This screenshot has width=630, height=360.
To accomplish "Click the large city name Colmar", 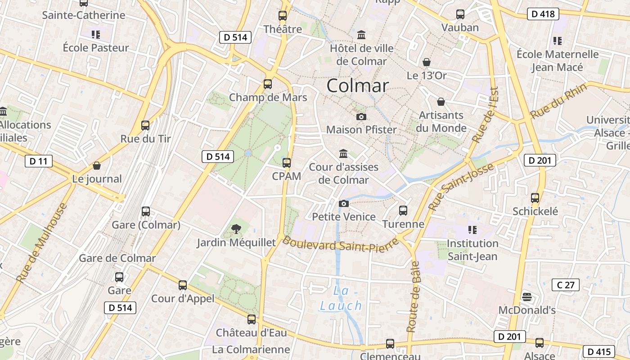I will click(x=357, y=85).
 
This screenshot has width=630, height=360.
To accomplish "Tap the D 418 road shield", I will click(x=543, y=14).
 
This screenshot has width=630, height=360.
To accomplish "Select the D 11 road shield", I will click(x=39, y=161).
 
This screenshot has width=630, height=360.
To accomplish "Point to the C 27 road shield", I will click(x=565, y=284).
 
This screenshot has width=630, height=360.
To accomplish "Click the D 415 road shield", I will click(x=598, y=351).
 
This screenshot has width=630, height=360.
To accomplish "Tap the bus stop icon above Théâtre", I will click(x=283, y=16).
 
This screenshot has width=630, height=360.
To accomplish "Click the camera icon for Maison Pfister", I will click(x=361, y=117).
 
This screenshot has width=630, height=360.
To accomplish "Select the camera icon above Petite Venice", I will click(x=343, y=204).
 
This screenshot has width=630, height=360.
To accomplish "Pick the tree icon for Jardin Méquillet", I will click(x=236, y=229).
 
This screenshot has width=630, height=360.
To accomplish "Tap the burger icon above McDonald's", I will click(x=527, y=297).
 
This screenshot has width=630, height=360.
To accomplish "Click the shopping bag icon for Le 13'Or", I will click(x=426, y=62).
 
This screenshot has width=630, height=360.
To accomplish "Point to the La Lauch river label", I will click(x=341, y=298).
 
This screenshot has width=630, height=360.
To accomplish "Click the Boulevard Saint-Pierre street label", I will click(x=340, y=245).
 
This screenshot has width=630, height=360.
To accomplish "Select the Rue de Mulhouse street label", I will click(x=41, y=243).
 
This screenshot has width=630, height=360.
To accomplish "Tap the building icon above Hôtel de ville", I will click(x=361, y=35).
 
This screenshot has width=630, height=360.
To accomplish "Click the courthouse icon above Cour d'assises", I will click(x=343, y=153).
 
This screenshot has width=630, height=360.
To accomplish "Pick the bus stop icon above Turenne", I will click(x=403, y=210).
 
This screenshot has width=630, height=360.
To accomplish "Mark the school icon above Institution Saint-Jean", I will click(x=472, y=230).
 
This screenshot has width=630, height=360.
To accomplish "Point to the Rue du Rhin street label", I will click(x=558, y=101).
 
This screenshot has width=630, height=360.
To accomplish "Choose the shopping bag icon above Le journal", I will click(x=97, y=166).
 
